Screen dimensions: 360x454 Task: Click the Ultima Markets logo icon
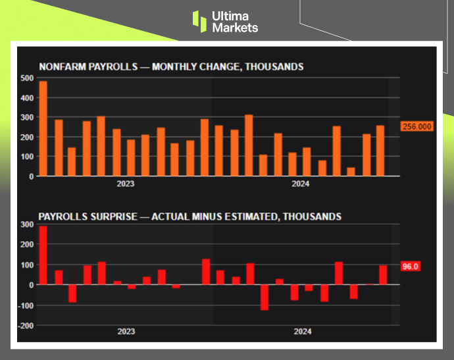pyautogui.click(x=199, y=21)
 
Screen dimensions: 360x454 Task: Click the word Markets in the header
pyautogui.click(x=235, y=28)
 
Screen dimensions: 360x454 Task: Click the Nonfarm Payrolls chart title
pyautogui.click(x=171, y=66)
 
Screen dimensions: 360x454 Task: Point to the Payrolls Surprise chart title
pyautogui.click(x=189, y=216)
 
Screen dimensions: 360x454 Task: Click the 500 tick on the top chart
pyautogui.click(x=28, y=78)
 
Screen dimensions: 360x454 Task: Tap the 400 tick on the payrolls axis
pyautogui.click(x=28, y=97)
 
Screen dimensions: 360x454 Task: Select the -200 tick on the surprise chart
pyautogui.click(x=26, y=325)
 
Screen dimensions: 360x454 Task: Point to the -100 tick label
pyautogui.click(x=26, y=305)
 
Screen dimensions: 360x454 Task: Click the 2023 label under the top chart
pyautogui.click(x=125, y=184)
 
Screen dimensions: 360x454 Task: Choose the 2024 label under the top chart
pyautogui.click(x=301, y=184)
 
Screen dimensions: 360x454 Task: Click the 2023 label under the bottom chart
pyautogui.click(x=125, y=332)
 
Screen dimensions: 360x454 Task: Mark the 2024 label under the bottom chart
pyautogui.click(x=301, y=332)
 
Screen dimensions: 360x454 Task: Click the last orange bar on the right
pyautogui.click(x=380, y=151)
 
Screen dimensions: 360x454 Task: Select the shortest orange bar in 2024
pyautogui.click(x=351, y=172)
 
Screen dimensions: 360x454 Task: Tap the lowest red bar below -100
pyautogui.click(x=265, y=297)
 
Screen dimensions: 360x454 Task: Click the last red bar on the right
pyautogui.click(x=383, y=275)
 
